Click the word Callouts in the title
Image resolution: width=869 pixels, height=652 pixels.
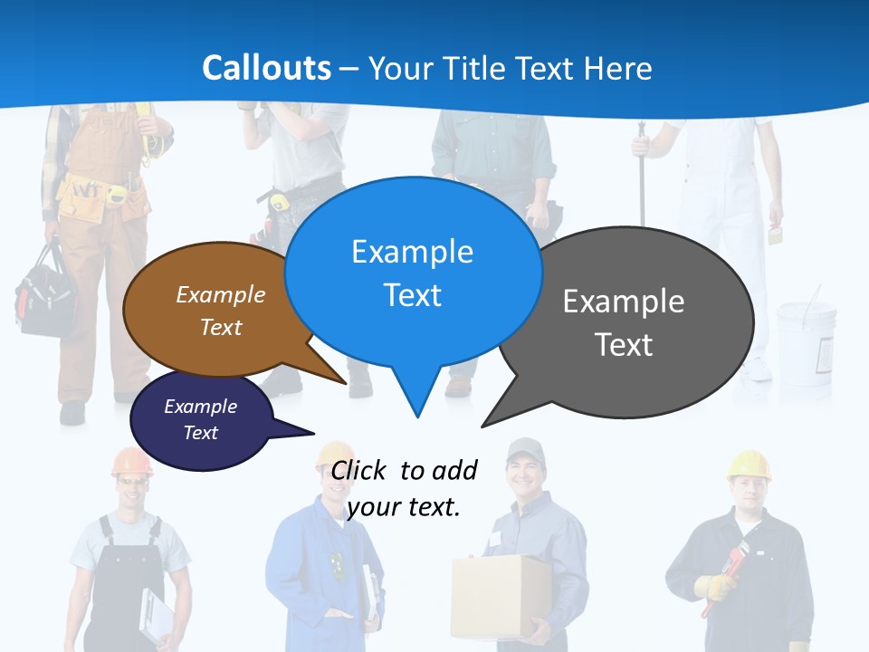[x=266, y=68]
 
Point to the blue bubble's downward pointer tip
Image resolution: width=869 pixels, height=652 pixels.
[x=416, y=416]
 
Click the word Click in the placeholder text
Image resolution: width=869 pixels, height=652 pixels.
[x=360, y=471]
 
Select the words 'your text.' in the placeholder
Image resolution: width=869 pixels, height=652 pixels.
[x=404, y=507]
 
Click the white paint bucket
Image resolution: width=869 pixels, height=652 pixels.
[x=806, y=340]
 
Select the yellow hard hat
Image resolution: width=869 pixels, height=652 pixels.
[x=749, y=464]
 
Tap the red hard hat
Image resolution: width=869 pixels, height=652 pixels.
[x=132, y=462]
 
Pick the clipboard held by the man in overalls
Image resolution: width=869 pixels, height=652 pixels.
[x=156, y=616]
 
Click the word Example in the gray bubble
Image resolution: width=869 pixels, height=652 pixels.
[x=624, y=302]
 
